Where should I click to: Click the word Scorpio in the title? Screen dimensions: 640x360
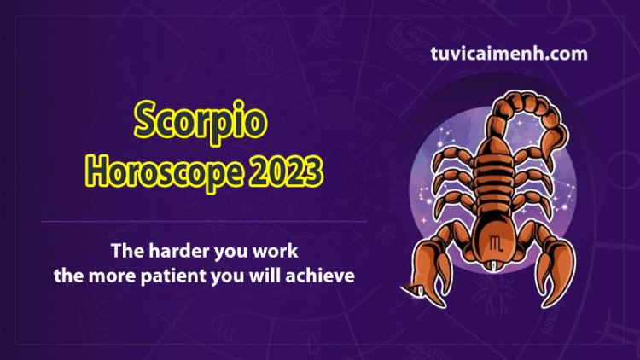201,121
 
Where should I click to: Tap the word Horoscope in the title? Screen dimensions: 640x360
164,171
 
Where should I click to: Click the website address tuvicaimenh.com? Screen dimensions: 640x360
509,54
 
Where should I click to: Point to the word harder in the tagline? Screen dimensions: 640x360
179,251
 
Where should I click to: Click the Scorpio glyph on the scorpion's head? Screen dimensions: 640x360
496,243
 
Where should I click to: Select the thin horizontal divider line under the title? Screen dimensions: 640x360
204,222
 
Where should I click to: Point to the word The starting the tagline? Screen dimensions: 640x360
127,251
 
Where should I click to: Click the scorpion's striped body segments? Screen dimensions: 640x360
493,180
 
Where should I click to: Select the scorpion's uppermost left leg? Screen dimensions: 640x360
452,157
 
